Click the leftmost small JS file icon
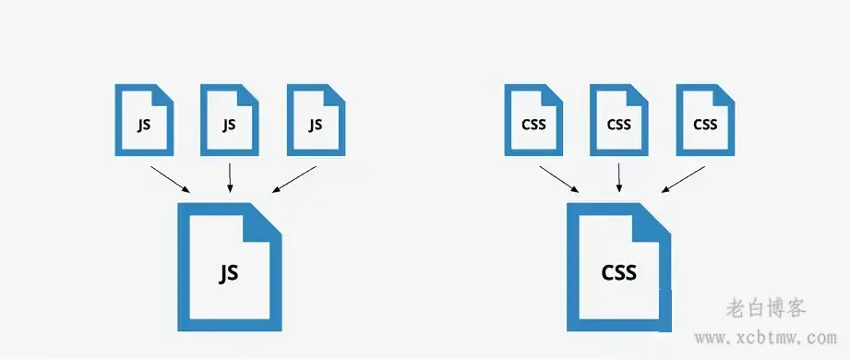(143, 120)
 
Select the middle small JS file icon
(230, 120)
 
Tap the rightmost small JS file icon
(316, 120)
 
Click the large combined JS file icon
(229, 267)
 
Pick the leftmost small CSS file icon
(533, 120)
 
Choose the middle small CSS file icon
(619, 120)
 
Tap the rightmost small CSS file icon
(705, 120)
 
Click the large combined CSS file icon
(619, 268)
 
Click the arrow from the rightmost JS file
(294, 180)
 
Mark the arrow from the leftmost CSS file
(559, 179)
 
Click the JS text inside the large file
(229, 273)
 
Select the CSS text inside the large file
(619, 273)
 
